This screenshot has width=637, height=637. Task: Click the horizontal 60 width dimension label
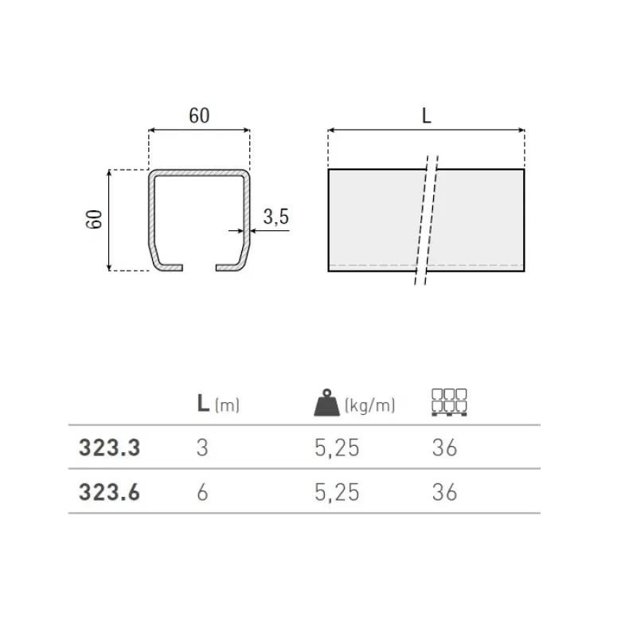199,115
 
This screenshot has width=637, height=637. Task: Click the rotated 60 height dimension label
95,219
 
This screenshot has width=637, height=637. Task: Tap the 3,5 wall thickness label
276,217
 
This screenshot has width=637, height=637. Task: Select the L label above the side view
426,115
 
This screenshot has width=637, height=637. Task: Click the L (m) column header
217,404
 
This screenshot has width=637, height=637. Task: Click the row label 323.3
109,448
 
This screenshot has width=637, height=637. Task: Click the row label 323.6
109,493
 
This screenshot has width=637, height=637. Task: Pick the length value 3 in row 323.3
202,448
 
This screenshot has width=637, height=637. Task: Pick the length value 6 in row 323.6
202,493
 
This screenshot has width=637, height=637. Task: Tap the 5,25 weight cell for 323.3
337,448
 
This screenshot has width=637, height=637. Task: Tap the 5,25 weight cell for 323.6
337,493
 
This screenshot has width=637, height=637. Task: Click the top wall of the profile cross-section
199,172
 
